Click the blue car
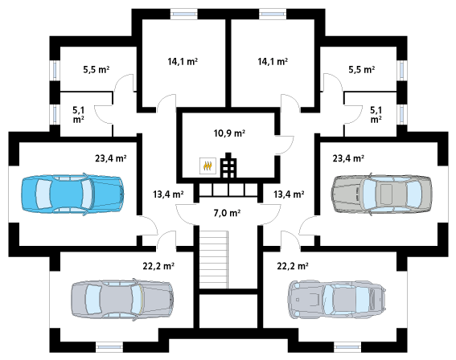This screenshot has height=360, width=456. pyautogui.click(x=72, y=194)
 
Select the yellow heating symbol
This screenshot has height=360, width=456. pyautogui.click(x=207, y=166)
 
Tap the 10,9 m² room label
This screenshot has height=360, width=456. pyautogui.click(x=229, y=133)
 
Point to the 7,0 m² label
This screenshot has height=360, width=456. pyautogui.click(x=227, y=213)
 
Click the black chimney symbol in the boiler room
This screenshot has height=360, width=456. pyautogui.click(x=228, y=165)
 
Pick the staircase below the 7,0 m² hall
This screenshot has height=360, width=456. pyautogui.click(x=213, y=260)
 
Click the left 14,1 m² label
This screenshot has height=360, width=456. pyautogui.click(x=183, y=62)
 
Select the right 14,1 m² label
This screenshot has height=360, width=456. pyautogui.click(x=273, y=62)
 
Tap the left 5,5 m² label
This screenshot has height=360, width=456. pyautogui.click(x=97, y=70)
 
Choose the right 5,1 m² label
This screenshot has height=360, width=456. pyautogui.click(x=376, y=114)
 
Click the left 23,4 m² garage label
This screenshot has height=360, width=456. pyautogui.click(x=110, y=158)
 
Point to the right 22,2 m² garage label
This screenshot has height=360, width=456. pyautogui.click(x=293, y=266)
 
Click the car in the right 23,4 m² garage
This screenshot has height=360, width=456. pyautogui.click(x=382, y=194)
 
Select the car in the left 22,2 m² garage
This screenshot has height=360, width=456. pyautogui.click(x=123, y=300)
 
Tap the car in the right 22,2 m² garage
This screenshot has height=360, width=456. pyautogui.click(x=337, y=300)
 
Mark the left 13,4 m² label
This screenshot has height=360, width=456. pyautogui.click(x=168, y=194)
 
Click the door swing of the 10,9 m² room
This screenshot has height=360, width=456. pyautogui.click(x=285, y=145)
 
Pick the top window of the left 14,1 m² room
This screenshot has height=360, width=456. pyautogui.click(x=184, y=14)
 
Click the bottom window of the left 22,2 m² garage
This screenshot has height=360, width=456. pyautogui.click(x=109, y=346)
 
